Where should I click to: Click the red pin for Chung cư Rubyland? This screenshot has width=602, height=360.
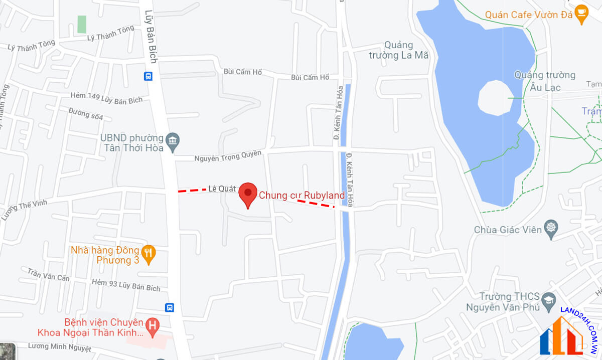click(x=247, y=194)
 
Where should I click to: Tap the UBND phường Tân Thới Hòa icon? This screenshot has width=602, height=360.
click(x=173, y=142)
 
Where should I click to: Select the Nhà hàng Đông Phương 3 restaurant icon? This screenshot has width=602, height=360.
click(x=147, y=255)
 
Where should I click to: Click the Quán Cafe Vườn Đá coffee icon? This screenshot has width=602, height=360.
click(x=581, y=15)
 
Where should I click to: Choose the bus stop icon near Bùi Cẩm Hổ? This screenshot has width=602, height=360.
click(x=148, y=76)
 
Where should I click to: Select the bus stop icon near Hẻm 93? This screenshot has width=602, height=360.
click(x=170, y=307)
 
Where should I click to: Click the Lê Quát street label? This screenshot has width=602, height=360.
click(x=222, y=189)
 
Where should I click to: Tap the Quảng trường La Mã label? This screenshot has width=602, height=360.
click(x=399, y=50)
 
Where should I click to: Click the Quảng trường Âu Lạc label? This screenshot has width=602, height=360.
click(x=544, y=81)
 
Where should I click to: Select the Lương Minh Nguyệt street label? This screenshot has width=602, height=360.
click(x=59, y=347)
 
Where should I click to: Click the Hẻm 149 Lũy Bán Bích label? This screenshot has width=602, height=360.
click(x=106, y=98)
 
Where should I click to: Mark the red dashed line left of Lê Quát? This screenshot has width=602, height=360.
click(x=192, y=190)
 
